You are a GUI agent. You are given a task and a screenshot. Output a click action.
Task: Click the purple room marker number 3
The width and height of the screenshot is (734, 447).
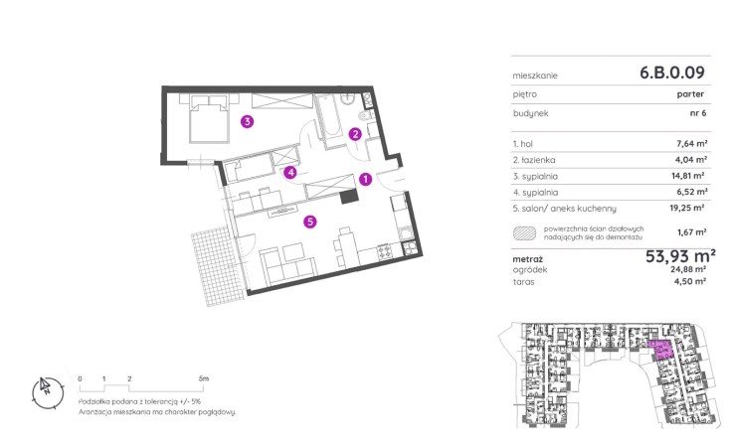point(248,122)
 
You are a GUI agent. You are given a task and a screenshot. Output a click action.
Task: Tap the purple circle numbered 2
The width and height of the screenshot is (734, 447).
point(355,134)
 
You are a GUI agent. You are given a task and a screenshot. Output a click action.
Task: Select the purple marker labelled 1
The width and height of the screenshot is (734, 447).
point(365,179)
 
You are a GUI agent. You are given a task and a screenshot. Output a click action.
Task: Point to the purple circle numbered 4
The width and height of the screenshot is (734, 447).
point(290,173)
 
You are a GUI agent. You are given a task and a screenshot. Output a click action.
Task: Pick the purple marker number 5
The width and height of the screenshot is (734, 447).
point(310,222)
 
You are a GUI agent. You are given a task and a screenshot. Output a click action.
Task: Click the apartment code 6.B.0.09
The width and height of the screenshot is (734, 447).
point(671,73)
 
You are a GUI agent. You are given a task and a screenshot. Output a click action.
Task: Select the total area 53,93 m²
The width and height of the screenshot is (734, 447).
point(680,256)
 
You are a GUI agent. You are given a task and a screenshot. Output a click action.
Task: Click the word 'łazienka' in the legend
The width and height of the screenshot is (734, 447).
point(538,160)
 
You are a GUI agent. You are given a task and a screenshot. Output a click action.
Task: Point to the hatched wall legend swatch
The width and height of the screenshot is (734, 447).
point(524,232)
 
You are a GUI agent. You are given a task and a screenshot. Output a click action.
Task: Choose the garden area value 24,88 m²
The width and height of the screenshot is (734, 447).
point(688,269)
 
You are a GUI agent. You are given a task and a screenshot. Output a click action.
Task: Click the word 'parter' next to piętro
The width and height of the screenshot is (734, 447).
point(690,94)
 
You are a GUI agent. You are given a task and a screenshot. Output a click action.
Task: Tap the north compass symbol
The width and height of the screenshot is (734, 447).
point(48,392)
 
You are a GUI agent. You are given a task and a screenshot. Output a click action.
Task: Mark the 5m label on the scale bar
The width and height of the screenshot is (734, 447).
point(203,378)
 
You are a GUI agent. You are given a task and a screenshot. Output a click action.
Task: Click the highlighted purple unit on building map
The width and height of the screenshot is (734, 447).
point(661,350)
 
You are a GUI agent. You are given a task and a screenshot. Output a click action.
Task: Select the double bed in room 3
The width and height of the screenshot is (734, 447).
point(209,118)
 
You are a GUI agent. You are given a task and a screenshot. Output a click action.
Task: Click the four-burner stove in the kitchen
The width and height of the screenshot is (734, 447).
point(385,252)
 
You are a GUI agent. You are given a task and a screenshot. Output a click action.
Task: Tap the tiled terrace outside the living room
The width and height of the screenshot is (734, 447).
point(217,266)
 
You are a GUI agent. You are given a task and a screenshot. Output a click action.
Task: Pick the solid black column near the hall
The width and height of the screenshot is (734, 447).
point(349,196)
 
